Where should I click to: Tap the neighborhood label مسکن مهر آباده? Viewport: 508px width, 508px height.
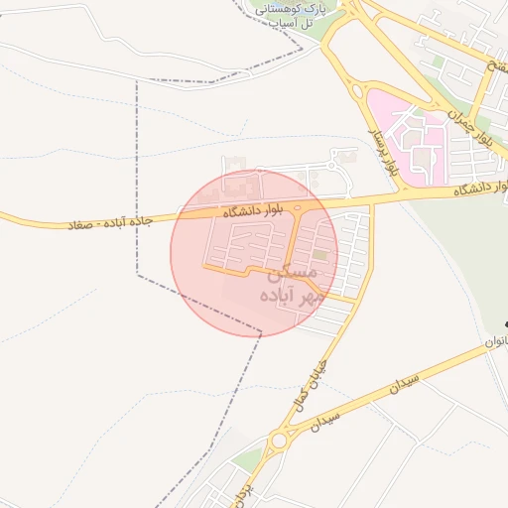click(x=289, y=282)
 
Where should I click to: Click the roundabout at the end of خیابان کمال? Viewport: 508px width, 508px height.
click(x=280, y=439)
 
